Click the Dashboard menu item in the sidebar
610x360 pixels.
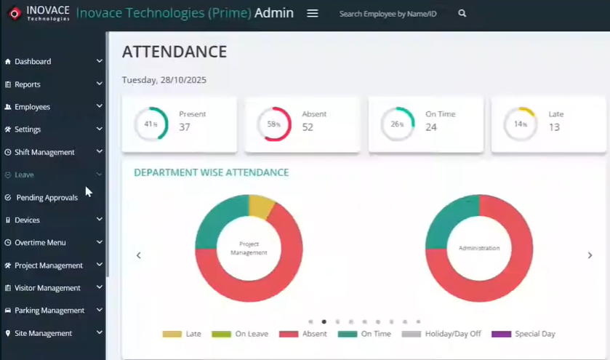[x=33, y=62]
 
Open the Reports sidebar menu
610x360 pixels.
[x=28, y=84]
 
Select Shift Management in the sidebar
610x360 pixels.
[x=44, y=152]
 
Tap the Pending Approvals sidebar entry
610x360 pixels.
[x=47, y=198]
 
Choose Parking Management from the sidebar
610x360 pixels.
[x=49, y=311]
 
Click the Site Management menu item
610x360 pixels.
[x=43, y=333]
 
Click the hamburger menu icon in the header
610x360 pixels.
[x=313, y=13]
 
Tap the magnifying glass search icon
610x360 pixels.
[x=462, y=13]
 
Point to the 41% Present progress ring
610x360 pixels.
[x=151, y=124]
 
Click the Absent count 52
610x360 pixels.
[x=308, y=127]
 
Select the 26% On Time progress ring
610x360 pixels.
[x=398, y=124]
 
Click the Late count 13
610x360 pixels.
[x=554, y=127]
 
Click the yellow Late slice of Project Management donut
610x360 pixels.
[x=260, y=206]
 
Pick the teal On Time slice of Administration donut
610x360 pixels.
[x=449, y=218]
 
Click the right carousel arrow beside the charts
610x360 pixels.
[x=590, y=255]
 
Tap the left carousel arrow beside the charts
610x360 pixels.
[x=139, y=255]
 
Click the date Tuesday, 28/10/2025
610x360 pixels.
[x=164, y=80]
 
